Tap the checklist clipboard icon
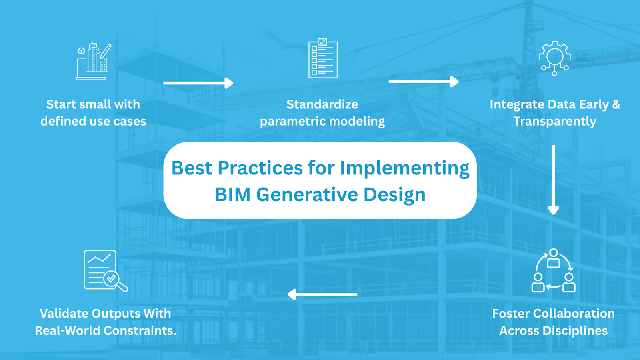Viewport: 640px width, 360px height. [x=323, y=58]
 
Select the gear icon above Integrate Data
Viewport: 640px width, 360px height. [x=554, y=58]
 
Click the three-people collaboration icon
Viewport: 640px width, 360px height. [x=554, y=270]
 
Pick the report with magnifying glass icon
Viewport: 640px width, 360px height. [x=106, y=270]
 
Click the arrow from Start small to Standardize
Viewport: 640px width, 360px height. [x=198, y=83]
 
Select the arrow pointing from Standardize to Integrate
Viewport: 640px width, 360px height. [x=424, y=82]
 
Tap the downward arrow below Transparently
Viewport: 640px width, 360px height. [x=554, y=180]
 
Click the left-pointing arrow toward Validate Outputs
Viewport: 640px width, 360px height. [x=322, y=294]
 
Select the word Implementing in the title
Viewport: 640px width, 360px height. [x=404, y=168]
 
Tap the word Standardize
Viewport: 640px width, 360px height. [x=322, y=104]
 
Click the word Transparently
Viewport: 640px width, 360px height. [x=554, y=122]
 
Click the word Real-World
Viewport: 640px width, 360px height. [x=68, y=330]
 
